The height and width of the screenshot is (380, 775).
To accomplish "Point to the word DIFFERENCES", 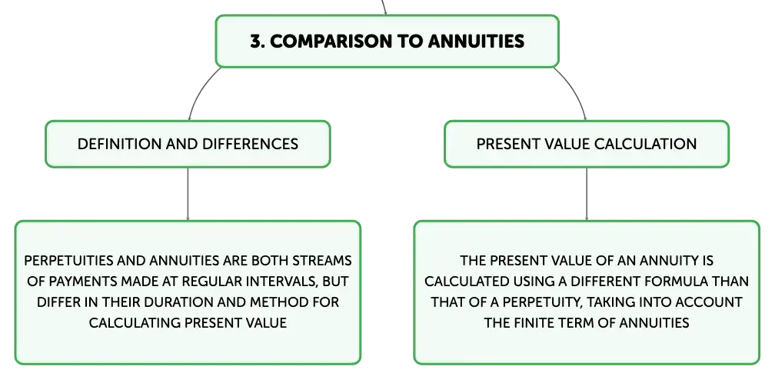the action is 251,144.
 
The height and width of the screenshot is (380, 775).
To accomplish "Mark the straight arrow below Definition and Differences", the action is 188,194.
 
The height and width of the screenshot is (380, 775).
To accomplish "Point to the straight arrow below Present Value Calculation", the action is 587,194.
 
